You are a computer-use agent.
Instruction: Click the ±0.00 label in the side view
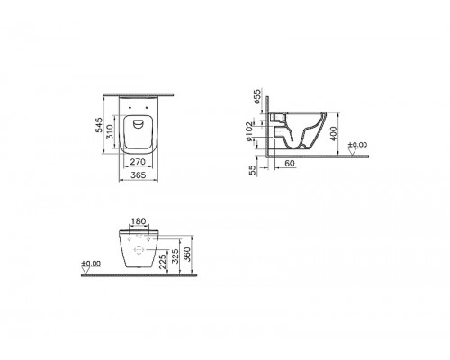click(358, 145)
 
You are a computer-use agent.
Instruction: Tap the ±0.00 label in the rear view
click(90, 264)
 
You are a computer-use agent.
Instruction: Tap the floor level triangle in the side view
click(354, 151)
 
